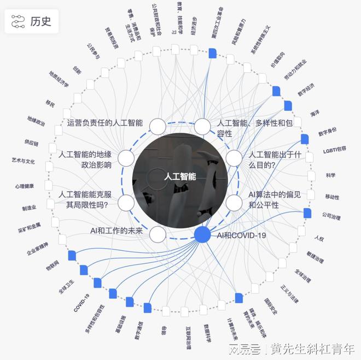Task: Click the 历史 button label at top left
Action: (41, 21)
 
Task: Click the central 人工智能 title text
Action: (180, 177)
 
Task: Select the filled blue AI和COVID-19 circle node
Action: (202, 234)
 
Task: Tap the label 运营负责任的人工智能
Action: (104, 123)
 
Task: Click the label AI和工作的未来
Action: (117, 231)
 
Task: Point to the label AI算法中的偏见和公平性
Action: (264, 199)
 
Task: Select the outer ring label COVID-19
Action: (81, 303)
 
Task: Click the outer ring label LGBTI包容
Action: (334, 149)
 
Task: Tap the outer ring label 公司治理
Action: (331, 216)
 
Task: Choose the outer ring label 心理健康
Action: (24, 186)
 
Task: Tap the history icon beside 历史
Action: (18, 21)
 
